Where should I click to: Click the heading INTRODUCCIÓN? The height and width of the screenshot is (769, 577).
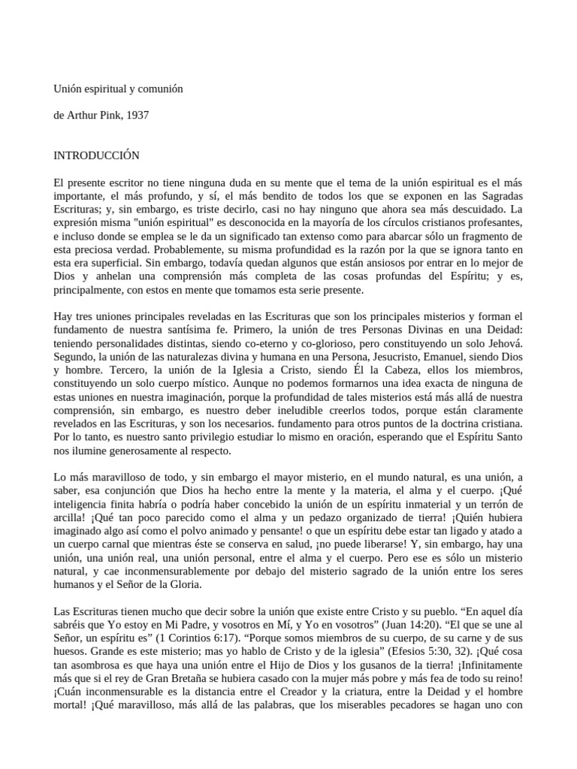click(x=97, y=155)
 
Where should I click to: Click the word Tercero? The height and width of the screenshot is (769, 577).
click(x=120, y=371)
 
